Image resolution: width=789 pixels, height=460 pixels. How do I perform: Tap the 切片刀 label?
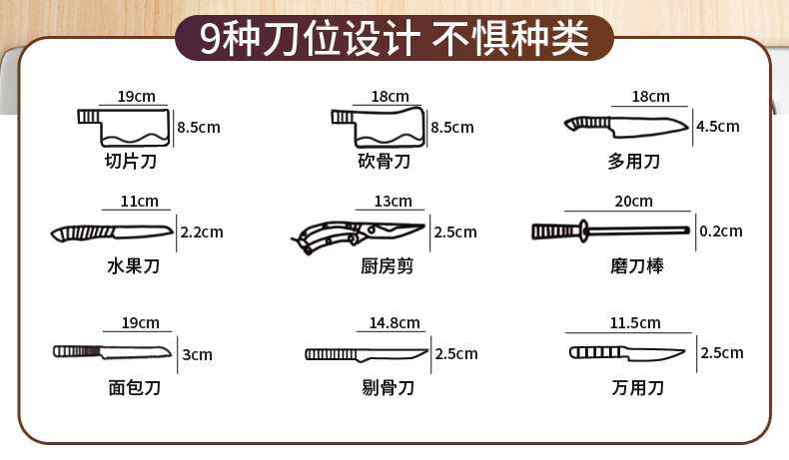(131, 161)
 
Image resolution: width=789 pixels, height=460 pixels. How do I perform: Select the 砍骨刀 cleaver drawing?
(378, 127)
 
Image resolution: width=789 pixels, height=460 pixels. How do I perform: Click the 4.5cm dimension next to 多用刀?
(717, 126)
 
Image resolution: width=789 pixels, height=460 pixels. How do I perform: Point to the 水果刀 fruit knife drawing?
(112, 232)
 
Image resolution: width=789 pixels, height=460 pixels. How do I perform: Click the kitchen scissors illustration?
(358, 235)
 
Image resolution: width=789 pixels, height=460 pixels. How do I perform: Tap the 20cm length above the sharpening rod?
(633, 202)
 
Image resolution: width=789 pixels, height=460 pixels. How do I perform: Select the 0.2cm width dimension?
(720, 231)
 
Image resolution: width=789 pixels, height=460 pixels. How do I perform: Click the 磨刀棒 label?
(637, 265)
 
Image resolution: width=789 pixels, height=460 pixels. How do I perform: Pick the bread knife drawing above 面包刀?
(112, 351)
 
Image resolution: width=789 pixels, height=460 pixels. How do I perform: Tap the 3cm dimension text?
(197, 354)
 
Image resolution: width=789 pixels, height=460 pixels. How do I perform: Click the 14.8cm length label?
(394, 322)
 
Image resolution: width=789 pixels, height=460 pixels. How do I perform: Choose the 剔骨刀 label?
(388, 387)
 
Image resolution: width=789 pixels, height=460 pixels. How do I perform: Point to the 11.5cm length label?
(635, 322)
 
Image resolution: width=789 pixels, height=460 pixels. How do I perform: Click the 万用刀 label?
(637, 387)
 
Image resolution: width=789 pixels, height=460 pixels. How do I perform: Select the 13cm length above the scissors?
(393, 202)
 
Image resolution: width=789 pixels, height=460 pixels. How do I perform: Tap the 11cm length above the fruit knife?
(139, 202)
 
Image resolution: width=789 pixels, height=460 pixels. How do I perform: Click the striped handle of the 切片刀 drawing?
(89, 116)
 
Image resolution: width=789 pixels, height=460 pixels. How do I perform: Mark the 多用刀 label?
(633, 161)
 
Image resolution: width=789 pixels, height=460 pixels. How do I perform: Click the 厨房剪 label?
(387, 265)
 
